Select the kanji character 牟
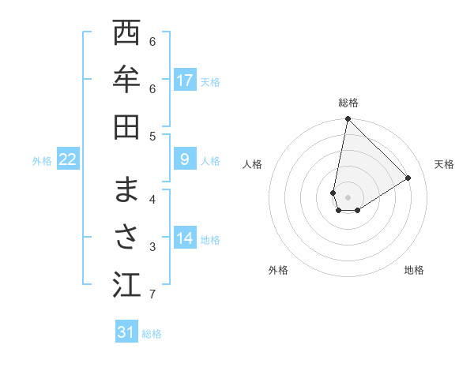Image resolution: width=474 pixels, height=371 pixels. [x=126, y=80]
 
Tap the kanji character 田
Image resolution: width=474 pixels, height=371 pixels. [x=126, y=126]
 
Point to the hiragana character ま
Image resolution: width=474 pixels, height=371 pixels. [x=126, y=190]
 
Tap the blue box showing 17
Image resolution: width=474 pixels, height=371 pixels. [x=185, y=80]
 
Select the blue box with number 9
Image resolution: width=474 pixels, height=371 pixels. [x=185, y=160]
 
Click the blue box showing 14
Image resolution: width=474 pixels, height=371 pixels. [x=185, y=238]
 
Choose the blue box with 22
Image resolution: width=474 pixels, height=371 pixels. [x=68, y=160]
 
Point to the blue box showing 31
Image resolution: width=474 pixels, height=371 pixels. [x=126, y=332]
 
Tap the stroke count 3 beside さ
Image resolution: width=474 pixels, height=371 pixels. [x=152, y=247]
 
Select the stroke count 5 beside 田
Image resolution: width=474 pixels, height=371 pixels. [x=152, y=136]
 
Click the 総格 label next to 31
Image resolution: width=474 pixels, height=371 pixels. [x=152, y=334]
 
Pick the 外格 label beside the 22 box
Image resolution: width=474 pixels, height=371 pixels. [x=42, y=161]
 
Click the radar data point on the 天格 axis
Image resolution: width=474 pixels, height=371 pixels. [x=408, y=178]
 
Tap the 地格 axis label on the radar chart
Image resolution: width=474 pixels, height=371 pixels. [x=414, y=270]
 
